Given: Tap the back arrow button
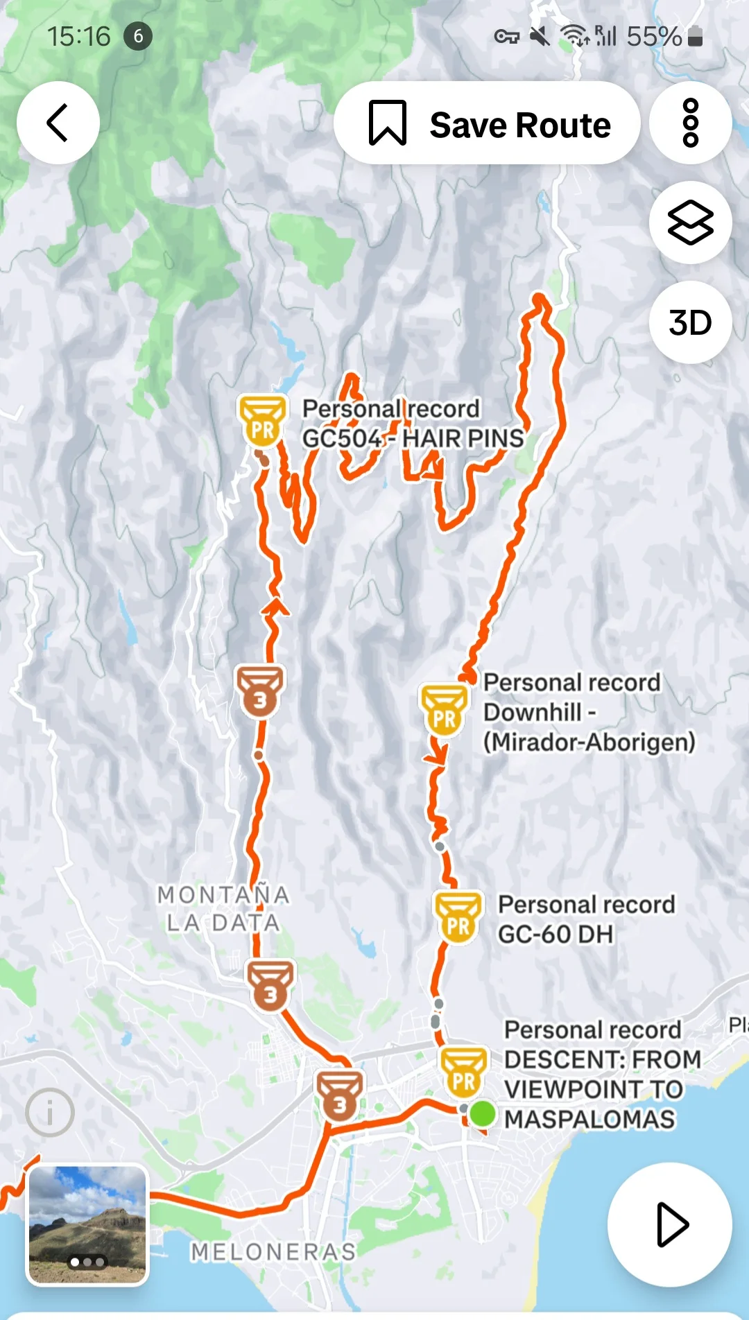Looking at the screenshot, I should coord(58,123).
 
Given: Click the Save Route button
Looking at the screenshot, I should coord(487,123).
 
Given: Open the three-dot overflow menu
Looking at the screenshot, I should coord(690,123).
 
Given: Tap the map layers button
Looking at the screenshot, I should coord(690,223).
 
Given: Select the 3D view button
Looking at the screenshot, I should coord(690,322).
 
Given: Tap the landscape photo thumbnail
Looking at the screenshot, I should coord(87,1224).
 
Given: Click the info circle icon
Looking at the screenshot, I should coord(50,1112).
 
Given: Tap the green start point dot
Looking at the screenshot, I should coord(482,1113).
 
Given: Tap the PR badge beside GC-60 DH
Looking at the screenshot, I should coord(458,917).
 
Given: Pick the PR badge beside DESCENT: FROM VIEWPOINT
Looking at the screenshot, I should coord(463,1071).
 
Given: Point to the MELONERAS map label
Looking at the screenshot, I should coord(273,1251).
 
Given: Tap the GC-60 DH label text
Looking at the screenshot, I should coord(555,935).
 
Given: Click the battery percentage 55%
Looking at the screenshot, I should coord(654,37).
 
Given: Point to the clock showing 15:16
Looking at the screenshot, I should coord(78,37).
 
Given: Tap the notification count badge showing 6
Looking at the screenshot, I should coord(138,36).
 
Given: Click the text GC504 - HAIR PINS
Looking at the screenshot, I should coord(413,438).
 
